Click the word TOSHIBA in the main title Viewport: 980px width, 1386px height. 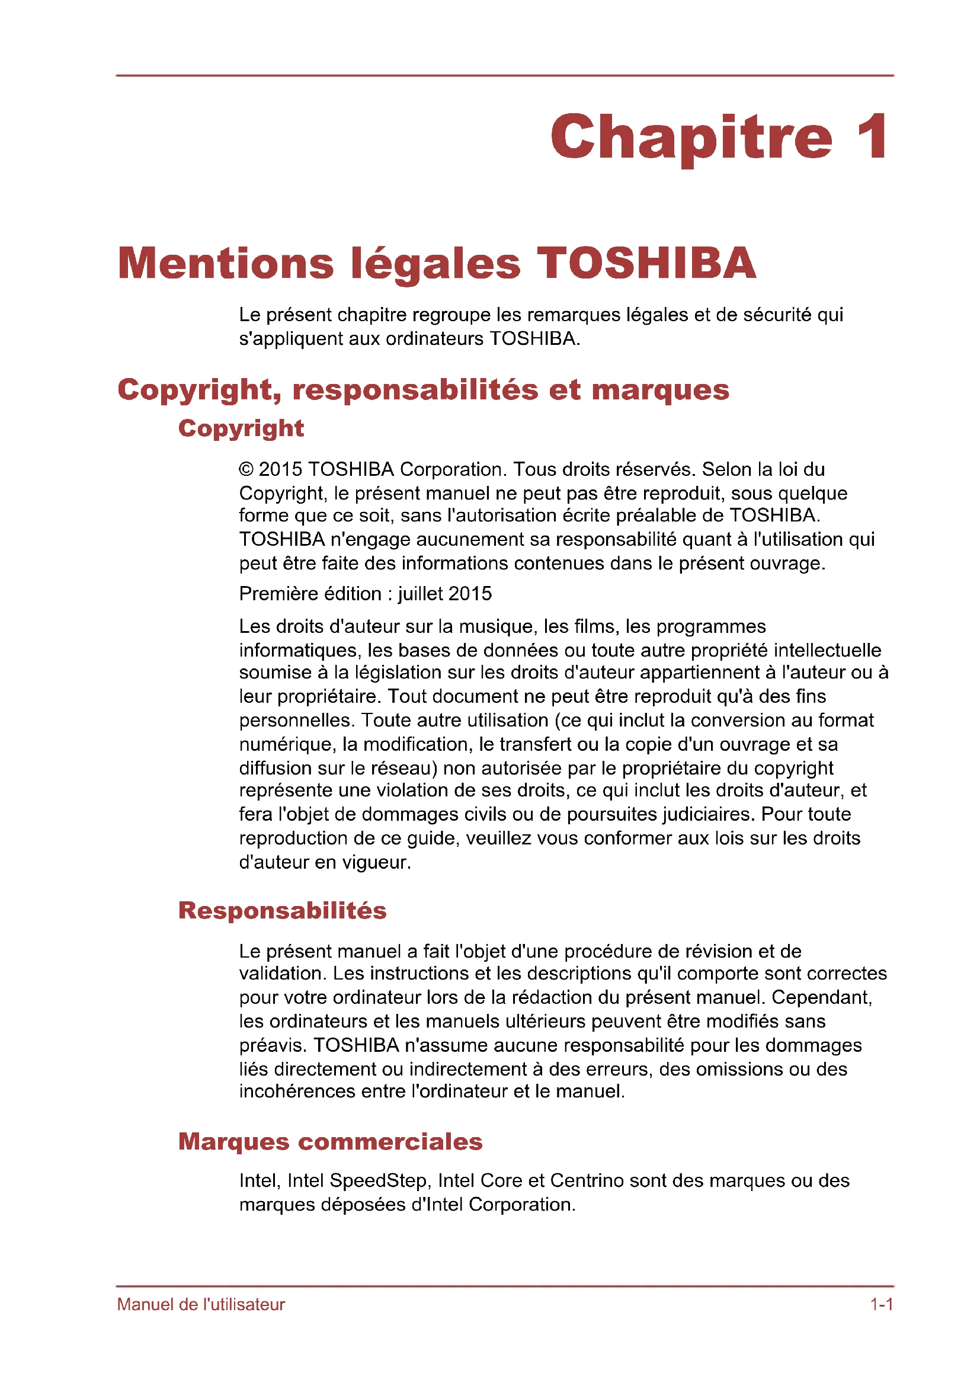(x=646, y=263)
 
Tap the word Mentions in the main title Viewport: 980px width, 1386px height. (x=226, y=263)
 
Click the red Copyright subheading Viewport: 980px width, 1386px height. (x=241, y=428)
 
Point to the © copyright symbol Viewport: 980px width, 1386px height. (x=246, y=469)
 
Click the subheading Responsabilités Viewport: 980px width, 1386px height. (x=282, y=910)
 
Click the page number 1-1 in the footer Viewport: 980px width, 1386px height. (x=881, y=1304)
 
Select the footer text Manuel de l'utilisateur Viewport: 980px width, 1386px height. (x=201, y=1304)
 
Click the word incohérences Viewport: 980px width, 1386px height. (x=297, y=1091)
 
